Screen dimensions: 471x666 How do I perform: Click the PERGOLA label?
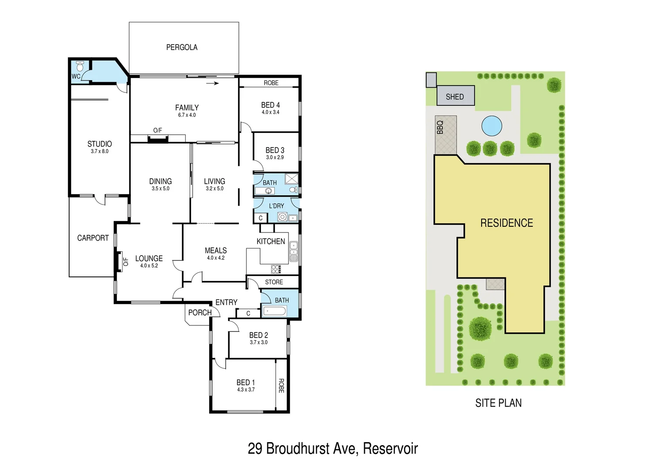coord(182,47)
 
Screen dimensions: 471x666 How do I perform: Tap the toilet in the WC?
coord(80,66)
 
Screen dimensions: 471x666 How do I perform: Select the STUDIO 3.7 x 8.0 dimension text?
coord(99,151)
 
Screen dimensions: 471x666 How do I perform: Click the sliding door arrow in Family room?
coord(212,83)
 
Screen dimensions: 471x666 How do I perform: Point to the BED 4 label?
coord(270,105)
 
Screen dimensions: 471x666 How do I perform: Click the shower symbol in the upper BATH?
coord(291,179)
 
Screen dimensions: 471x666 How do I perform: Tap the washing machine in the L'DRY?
coord(282,217)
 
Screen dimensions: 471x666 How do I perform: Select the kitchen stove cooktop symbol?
coord(276,269)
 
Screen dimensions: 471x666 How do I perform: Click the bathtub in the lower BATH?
coord(275,311)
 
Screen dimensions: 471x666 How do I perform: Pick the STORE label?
coord(274,282)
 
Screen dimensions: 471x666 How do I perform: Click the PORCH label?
coord(200,313)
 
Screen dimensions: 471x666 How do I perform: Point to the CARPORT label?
coord(93,238)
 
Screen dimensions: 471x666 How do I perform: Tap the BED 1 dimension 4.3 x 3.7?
coord(246,390)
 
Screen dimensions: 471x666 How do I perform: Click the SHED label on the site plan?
coord(455,97)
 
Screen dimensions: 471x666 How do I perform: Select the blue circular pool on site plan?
coord(492,126)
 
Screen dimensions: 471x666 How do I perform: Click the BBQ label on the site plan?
coord(440,127)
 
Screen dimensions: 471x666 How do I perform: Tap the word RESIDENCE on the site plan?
coord(506,223)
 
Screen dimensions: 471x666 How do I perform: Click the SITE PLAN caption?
coord(498,403)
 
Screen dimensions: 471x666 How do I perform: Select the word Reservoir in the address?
coord(390,448)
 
